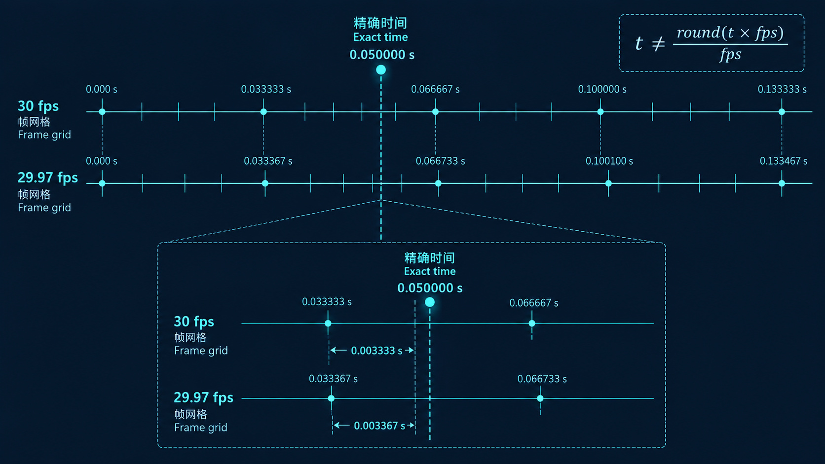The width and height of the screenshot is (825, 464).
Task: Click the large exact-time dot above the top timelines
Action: pyautogui.click(x=381, y=70)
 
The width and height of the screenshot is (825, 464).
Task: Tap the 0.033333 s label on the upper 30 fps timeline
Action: pyautogui.click(x=266, y=89)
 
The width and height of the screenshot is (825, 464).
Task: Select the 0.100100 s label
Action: pyautogui.click(x=609, y=161)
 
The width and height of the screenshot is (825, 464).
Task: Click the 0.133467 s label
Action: pyautogui.click(x=784, y=161)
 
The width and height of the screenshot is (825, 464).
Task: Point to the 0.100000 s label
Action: pyautogui.click(x=602, y=89)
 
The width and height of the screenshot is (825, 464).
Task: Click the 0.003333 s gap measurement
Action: pyautogui.click(x=376, y=351)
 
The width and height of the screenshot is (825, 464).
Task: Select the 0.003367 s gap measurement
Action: pyautogui.click(x=379, y=426)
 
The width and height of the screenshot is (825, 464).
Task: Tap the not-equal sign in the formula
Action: pyautogui.click(x=658, y=44)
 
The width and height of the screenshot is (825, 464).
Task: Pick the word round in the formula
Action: pyautogui.click(x=698, y=33)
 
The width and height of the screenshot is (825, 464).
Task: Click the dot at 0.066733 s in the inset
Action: pyautogui.click(x=540, y=398)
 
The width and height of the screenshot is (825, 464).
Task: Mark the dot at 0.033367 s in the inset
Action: pyautogui.click(x=331, y=398)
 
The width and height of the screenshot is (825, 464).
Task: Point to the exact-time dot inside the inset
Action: pyautogui.click(x=430, y=302)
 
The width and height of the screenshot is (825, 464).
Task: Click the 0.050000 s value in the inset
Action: pyautogui.click(x=430, y=288)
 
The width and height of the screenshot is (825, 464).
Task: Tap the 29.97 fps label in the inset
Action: pyautogui.click(x=203, y=398)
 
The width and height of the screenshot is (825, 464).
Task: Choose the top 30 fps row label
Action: pyautogui.click(x=38, y=107)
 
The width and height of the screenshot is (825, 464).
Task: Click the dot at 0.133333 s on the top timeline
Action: pyautogui.click(x=782, y=112)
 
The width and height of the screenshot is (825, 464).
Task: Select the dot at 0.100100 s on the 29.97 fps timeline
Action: pyautogui.click(x=608, y=183)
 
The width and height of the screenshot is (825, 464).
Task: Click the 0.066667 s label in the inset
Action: pyautogui.click(x=534, y=303)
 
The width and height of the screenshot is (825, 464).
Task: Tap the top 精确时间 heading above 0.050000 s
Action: pyautogui.click(x=380, y=23)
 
